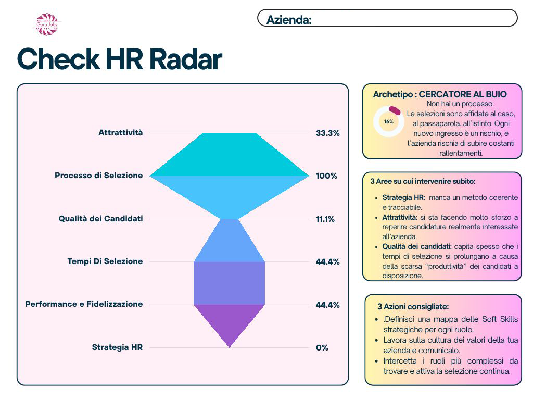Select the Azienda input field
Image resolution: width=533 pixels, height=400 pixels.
click(x=414, y=19)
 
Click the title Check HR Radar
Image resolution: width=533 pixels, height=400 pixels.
click(x=120, y=59)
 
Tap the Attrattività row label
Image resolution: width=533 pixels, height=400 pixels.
click(x=120, y=133)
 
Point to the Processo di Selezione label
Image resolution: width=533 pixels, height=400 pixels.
click(x=98, y=176)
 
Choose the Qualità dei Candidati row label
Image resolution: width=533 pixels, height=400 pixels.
click(x=100, y=219)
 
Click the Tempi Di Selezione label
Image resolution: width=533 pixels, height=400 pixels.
click(x=105, y=261)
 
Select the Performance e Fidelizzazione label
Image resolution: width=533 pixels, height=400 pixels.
click(x=84, y=304)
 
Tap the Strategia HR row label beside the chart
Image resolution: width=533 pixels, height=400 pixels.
click(x=117, y=347)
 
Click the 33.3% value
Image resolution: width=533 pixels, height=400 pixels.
click(x=327, y=133)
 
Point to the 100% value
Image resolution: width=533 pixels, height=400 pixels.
click(x=326, y=176)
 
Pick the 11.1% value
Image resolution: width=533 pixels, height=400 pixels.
click(x=325, y=219)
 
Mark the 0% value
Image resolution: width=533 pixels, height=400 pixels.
click(x=322, y=347)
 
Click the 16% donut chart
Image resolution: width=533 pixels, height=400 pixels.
click(x=388, y=122)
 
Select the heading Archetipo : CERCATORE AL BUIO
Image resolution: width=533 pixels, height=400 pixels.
click(x=440, y=94)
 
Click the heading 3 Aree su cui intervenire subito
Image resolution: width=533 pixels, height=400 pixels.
click(x=423, y=182)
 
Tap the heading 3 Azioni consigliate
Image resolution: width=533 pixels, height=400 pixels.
click(x=413, y=307)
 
